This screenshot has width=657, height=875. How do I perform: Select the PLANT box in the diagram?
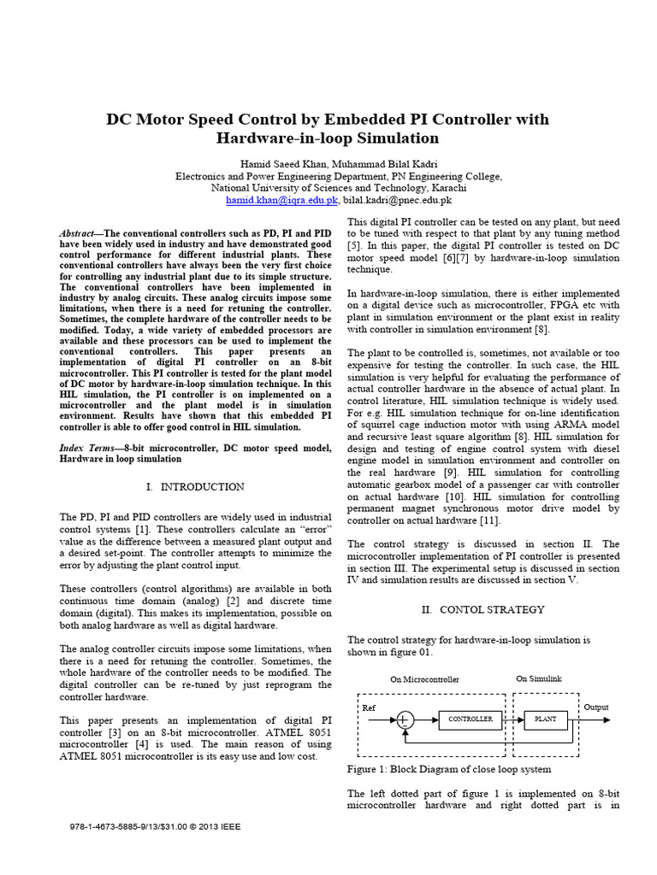[x=545, y=719]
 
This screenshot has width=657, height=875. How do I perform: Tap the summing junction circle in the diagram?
[x=405, y=720]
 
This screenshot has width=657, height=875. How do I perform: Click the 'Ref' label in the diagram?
[x=369, y=708]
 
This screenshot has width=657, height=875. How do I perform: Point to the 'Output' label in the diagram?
[x=597, y=708]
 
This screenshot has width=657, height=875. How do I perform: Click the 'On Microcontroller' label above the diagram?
[x=424, y=679]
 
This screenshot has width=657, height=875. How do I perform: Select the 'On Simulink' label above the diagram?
[x=539, y=678]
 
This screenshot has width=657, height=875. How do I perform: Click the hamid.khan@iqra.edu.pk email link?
[x=282, y=200]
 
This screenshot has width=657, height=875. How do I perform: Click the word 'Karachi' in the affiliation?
[x=446, y=187]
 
